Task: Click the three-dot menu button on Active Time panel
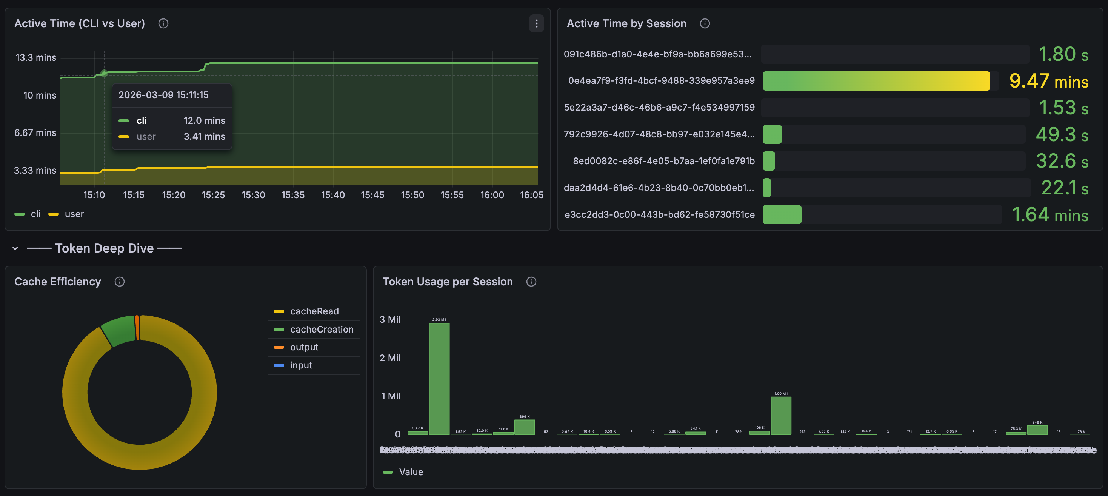(536, 24)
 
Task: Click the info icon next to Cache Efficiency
(120, 282)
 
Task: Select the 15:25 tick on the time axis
(213, 195)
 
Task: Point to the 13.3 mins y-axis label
(36, 58)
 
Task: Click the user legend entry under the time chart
(74, 214)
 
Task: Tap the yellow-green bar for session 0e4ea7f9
(876, 81)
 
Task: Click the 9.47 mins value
(1049, 81)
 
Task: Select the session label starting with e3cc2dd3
(659, 215)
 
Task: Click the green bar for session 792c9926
(772, 134)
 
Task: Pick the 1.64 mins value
(1050, 215)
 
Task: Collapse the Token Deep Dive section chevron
(15, 248)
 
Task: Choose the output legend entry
(304, 347)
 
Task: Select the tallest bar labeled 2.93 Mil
(439, 379)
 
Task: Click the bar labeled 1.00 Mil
(781, 415)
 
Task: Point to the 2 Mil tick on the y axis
(390, 358)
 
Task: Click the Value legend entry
(410, 472)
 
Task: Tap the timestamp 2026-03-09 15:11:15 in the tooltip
(163, 95)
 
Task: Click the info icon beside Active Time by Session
(705, 24)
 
